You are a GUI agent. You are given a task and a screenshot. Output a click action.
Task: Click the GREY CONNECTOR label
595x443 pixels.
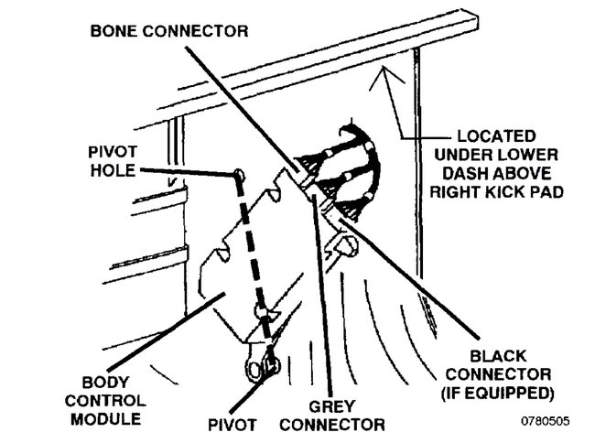click(x=331, y=416)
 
